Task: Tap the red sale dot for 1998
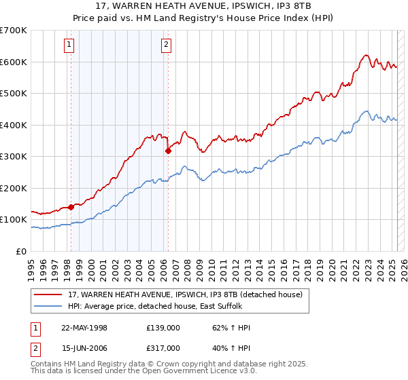pos(71,207)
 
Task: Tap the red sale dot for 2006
pos(168,151)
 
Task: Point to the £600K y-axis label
pos(14,62)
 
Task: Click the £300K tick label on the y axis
pos(14,157)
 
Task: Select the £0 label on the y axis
pos(22,251)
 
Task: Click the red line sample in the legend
pos(49,294)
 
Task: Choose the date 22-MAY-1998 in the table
pos(84,328)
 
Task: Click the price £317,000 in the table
pos(163,348)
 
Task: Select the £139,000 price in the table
pos(163,328)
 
